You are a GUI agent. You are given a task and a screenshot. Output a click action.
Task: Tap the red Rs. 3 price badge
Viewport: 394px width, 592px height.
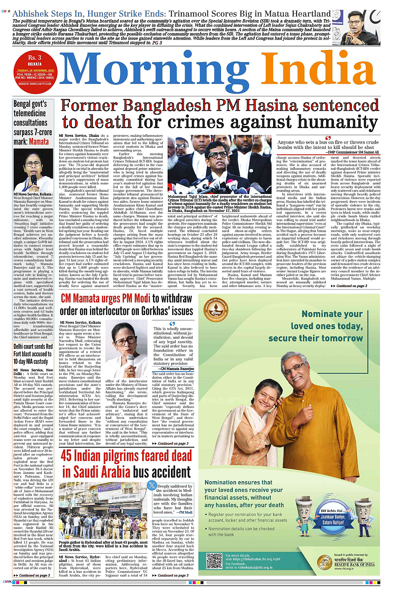point(35,58)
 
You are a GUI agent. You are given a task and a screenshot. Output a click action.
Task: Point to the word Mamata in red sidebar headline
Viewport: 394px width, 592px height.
point(39,142)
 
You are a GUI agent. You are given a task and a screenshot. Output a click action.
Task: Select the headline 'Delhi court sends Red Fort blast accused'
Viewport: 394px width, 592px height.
point(33,354)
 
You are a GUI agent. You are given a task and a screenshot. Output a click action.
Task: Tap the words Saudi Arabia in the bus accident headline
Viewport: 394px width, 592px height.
point(96,472)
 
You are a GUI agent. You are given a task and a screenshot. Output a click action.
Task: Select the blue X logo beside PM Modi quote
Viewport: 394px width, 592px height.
point(152,485)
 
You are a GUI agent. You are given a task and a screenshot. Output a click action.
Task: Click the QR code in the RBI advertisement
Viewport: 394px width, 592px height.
point(214,561)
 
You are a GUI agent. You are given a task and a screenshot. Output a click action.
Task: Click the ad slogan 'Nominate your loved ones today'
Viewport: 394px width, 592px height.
point(316,326)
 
